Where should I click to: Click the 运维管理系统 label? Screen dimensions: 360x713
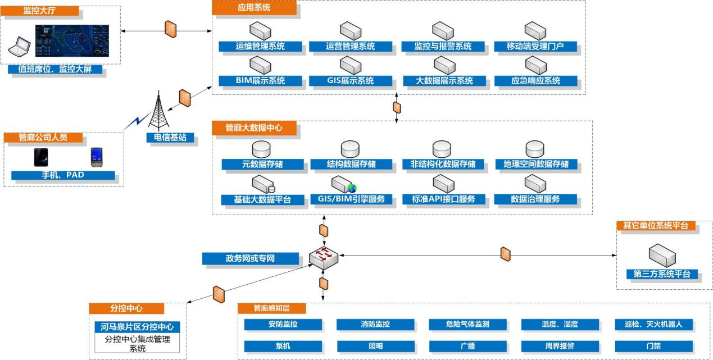tap(260, 47)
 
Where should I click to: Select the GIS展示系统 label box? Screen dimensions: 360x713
tap(351, 81)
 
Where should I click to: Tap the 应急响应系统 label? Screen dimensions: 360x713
tap(535, 81)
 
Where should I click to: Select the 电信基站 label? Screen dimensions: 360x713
tap(166, 138)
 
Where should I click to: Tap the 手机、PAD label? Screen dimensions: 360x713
tap(62, 175)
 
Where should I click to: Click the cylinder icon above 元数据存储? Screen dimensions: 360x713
tap(261, 149)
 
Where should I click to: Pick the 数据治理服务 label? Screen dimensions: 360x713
tap(535, 199)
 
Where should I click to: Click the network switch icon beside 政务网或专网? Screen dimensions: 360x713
tap(323, 257)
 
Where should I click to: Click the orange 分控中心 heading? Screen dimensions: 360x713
tap(126, 308)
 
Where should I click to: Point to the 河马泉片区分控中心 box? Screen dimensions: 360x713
tap(137, 327)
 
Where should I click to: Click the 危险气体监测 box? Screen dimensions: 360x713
tap(467, 325)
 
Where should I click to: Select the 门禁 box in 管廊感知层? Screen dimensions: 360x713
tap(653, 347)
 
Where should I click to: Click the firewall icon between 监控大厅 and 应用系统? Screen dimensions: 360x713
tap(171, 29)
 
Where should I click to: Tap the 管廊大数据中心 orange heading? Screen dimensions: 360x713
tap(254, 128)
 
